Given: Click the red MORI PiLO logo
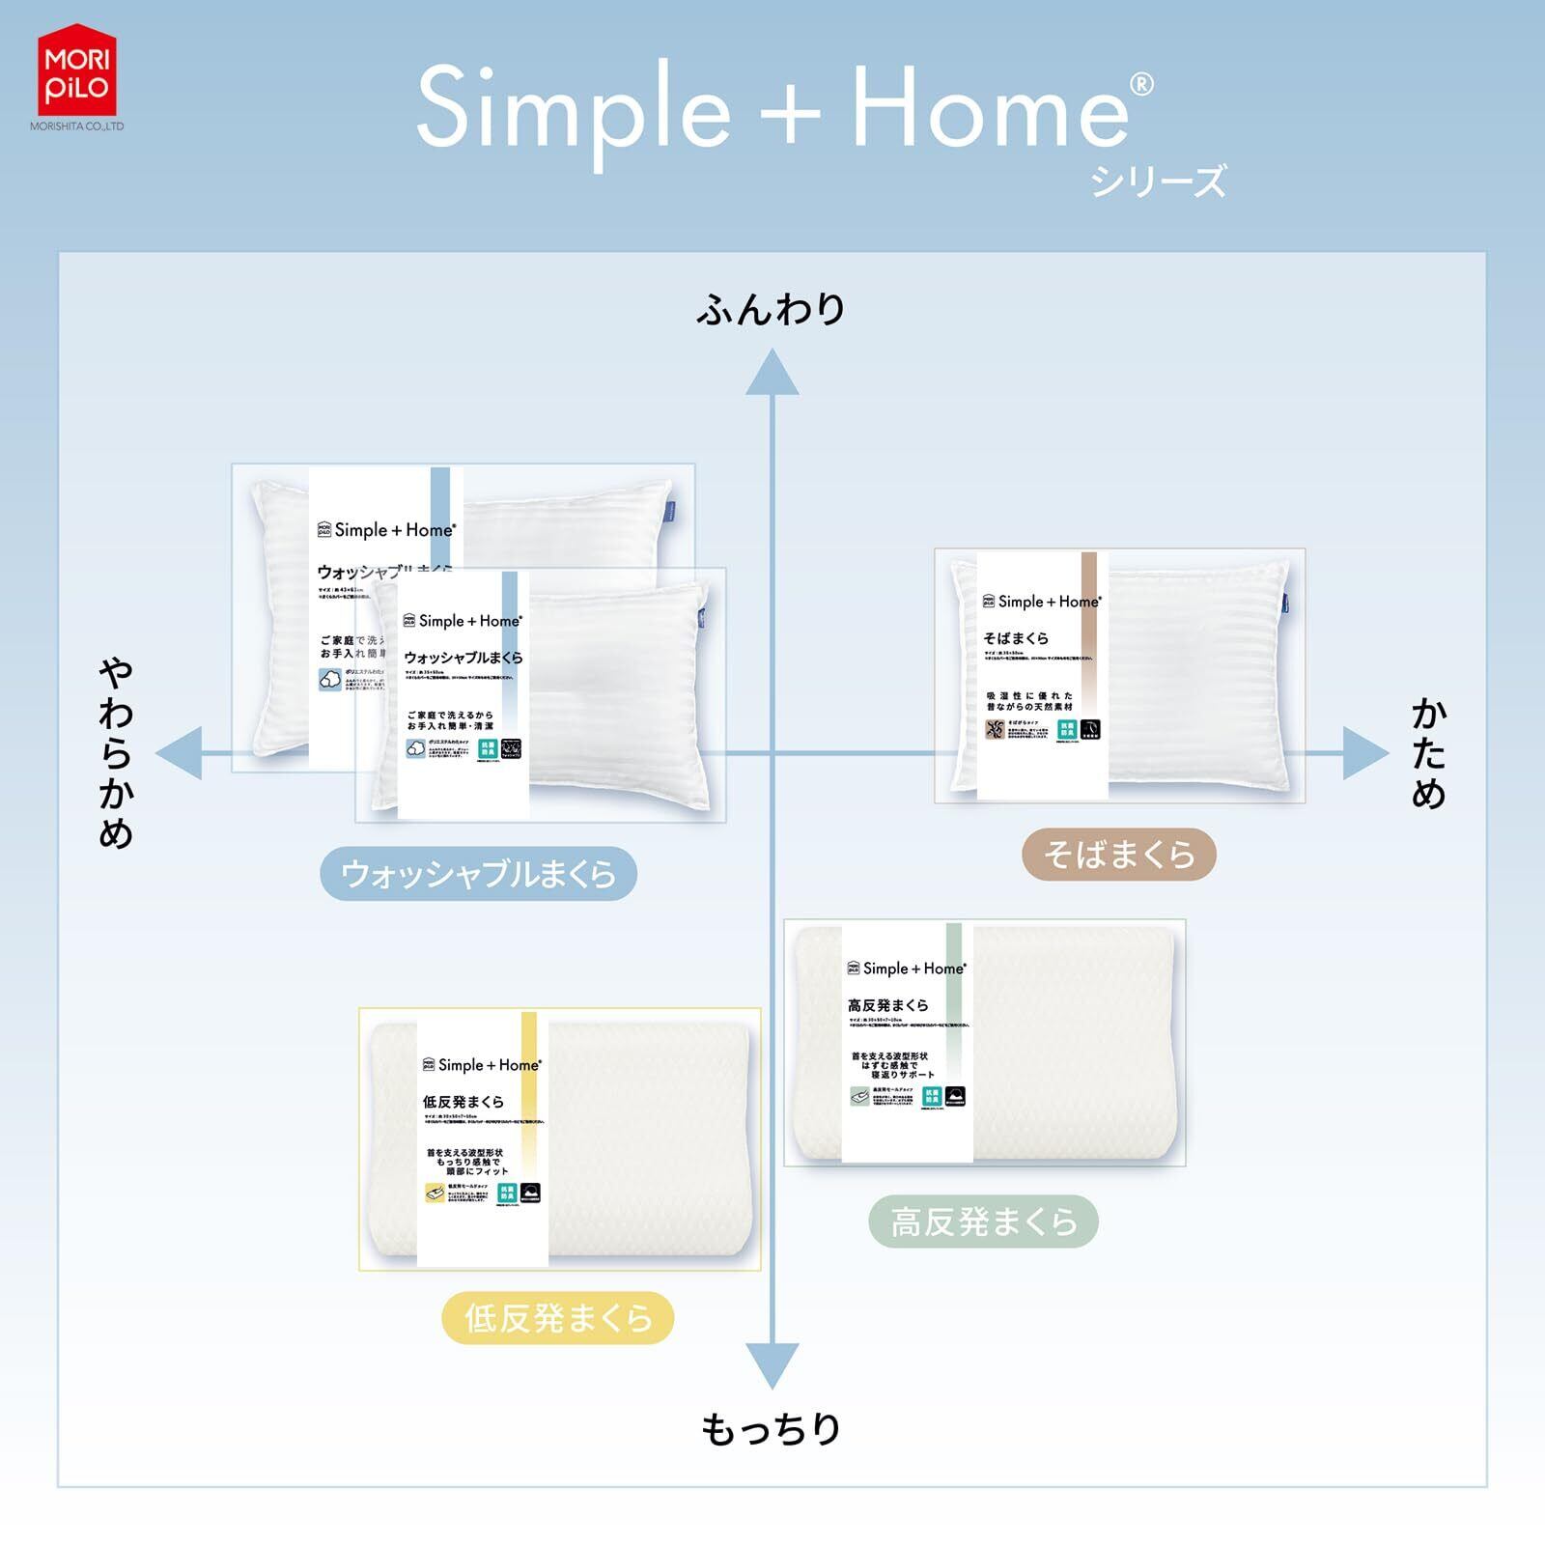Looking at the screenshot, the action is point(76,71).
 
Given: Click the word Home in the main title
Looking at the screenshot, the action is point(989,108).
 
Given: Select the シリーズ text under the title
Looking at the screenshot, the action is point(1158,182).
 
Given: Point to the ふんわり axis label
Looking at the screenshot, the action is point(771,309).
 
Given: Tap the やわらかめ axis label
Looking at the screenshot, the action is point(116,753).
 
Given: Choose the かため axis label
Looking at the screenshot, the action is point(1428,754).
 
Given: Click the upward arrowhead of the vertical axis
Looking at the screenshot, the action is point(772,374).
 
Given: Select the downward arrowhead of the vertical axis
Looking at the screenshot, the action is point(772,1363).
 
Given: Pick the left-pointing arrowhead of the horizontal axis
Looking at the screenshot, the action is point(180,753).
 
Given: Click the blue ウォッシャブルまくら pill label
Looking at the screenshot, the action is point(478,874).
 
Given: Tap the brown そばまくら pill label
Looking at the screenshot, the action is point(1118,855).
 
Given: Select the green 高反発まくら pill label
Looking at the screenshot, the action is point(983,1222).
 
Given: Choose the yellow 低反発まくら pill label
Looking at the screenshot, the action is point(557,1318).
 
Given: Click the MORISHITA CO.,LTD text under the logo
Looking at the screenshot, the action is point(76,126).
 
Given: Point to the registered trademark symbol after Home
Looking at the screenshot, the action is point(1140,85).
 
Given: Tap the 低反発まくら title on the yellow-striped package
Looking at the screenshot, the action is point(463,1102).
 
